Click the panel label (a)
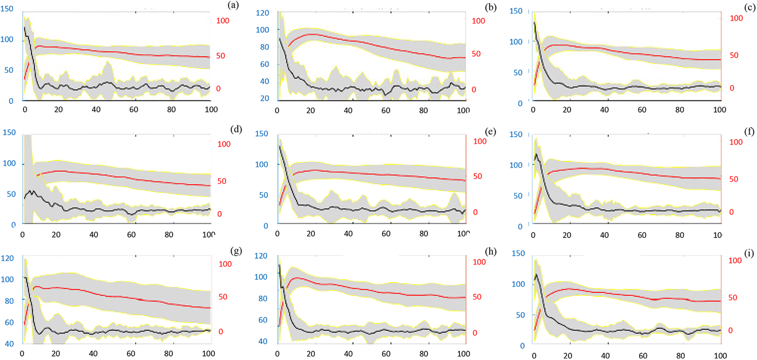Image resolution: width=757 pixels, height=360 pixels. pos(233,5)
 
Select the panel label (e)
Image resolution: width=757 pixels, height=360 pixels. pos(490,132)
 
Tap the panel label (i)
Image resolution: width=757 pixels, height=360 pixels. pos(749,253)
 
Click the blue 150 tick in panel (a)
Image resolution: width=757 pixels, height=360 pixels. pos(7,9)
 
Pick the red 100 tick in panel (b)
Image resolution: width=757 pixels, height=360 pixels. pos(478,21)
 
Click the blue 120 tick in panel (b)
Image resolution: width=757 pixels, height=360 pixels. pos(262,13)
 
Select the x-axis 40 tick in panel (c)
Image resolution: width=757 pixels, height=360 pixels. pos(604,110)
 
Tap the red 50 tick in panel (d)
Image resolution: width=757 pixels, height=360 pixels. pos(222,181)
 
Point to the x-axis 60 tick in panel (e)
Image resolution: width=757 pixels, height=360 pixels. pos(386,234)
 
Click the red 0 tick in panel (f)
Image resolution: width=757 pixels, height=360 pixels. pos(732,212)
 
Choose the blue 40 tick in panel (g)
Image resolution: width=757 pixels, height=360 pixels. pos(9,344)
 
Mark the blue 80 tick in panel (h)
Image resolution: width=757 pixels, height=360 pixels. pos(262,298)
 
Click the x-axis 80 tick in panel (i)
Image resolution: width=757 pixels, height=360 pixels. pos(680,356)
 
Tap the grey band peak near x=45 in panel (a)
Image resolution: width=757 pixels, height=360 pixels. pos(107,62)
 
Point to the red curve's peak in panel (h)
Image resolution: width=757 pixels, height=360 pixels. pos(297,278)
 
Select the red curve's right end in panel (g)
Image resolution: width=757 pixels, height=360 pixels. pos(210,308)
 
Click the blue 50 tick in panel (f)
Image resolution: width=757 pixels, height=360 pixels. pos(518,196)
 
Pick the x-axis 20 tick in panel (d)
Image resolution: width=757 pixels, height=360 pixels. pos(56,235)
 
